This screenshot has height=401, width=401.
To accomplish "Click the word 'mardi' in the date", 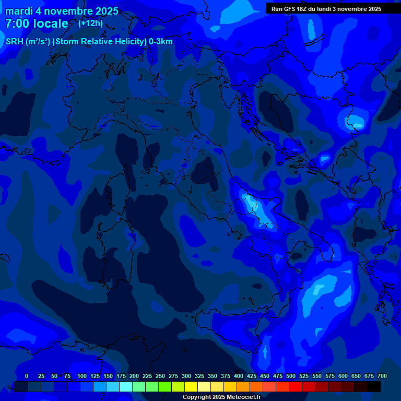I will tap(19, 11).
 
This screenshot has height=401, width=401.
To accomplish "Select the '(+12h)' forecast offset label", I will tap(90, 23).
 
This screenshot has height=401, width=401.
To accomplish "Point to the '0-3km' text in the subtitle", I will tap(160, 42).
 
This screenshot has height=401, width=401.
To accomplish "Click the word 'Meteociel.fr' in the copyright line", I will tap(241, 397).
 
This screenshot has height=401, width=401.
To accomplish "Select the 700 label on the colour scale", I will tap(382, 376).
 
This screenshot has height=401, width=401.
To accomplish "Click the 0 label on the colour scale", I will tap(27, 376).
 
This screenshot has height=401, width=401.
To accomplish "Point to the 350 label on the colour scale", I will tap(213, 376).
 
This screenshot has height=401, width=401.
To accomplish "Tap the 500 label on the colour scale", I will tap(291, 376).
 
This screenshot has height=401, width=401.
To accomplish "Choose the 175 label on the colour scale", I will tap(121, 376).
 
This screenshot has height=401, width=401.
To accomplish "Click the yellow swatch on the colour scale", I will tap(191, 387).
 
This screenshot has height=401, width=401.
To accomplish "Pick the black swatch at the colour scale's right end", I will tap(374, 387).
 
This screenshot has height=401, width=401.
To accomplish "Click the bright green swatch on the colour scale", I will tap(165, 387).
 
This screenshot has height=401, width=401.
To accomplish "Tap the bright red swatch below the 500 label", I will tap(296, 387).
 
